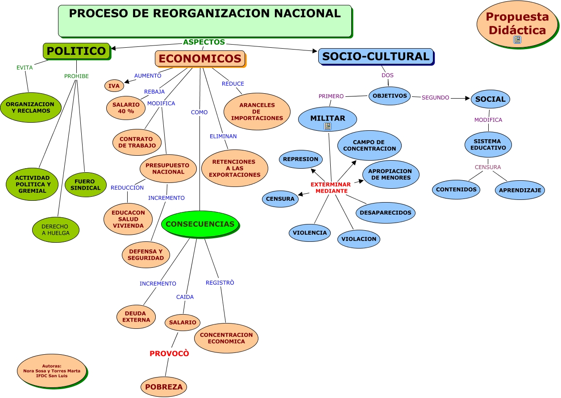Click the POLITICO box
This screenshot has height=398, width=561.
click(x=76, y=51)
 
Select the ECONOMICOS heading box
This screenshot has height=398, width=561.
click(x=200, y=58)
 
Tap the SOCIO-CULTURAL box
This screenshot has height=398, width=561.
click(x=375, y=56)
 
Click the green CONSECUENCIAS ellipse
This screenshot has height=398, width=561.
click(x=199, y=224)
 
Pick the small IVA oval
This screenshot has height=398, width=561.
click(x=114, y=86)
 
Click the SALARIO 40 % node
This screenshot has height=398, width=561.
click(x=126, y=108)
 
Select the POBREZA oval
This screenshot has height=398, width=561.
click(x=164, y=387)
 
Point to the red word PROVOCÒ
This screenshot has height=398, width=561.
click(x=169, y=353)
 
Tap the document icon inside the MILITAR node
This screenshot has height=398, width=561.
click(x=328, y=126)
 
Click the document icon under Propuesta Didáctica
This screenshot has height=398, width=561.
click(x=517, y=40)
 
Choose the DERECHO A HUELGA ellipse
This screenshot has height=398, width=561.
click(x=56, y=229)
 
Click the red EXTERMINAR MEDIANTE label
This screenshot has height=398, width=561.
click(x=331, y=187)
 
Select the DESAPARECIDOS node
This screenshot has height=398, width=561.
click(x=385, y=212)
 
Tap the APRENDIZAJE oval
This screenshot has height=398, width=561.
click(x=519, y=190)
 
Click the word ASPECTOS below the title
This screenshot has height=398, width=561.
click(x=204, y=42)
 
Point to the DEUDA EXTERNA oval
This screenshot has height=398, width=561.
click(x=136, y=317)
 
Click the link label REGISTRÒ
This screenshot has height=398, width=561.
click(x=220, y=282)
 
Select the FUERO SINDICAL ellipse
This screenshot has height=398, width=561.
click(x=86, y=185)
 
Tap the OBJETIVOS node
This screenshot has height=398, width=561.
click(x=390, y=96)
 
